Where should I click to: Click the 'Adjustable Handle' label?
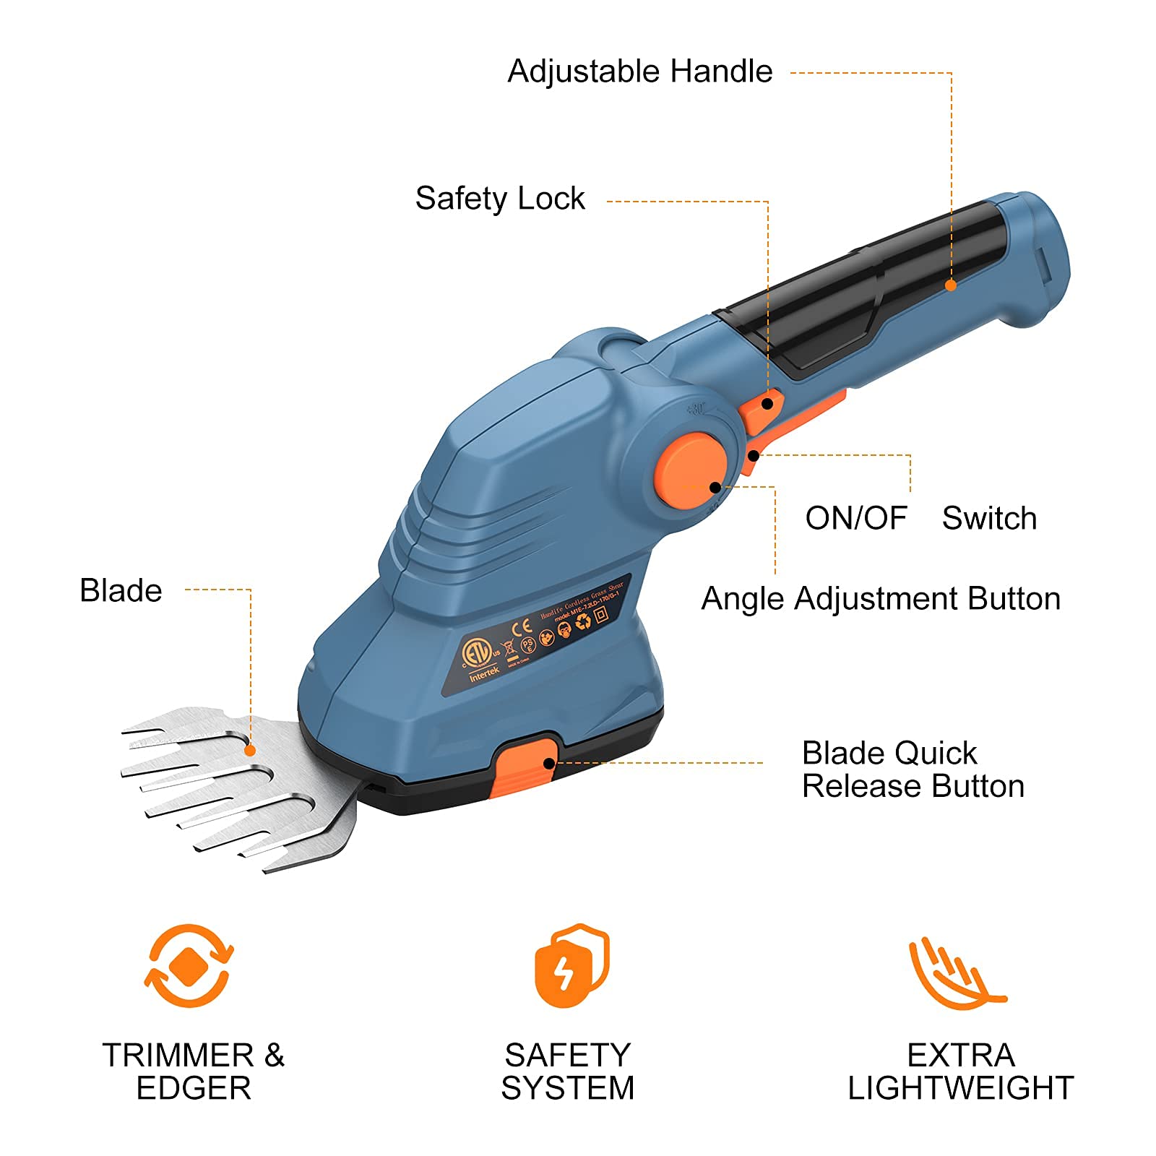pos(639,72)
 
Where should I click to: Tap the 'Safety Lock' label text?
pos(500,199)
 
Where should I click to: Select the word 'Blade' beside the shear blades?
pos(121,590)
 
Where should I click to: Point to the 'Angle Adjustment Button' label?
pos(881,599)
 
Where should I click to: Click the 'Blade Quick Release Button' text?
pos(913,769)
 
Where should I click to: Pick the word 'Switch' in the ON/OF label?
pos(989,518)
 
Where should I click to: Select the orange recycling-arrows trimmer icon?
pos(189,965)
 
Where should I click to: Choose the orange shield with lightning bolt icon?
pos(571,965)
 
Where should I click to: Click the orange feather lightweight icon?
pos(955,972)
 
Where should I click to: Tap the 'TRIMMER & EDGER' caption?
pos(193,1071)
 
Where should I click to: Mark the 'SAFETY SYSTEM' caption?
pos(568,1071)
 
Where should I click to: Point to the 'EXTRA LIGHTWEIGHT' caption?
pos(960,1071)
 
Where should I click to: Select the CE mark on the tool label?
pos(522,628)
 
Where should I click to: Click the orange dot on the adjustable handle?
pos(951,285)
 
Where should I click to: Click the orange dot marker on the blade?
pos(250,751)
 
